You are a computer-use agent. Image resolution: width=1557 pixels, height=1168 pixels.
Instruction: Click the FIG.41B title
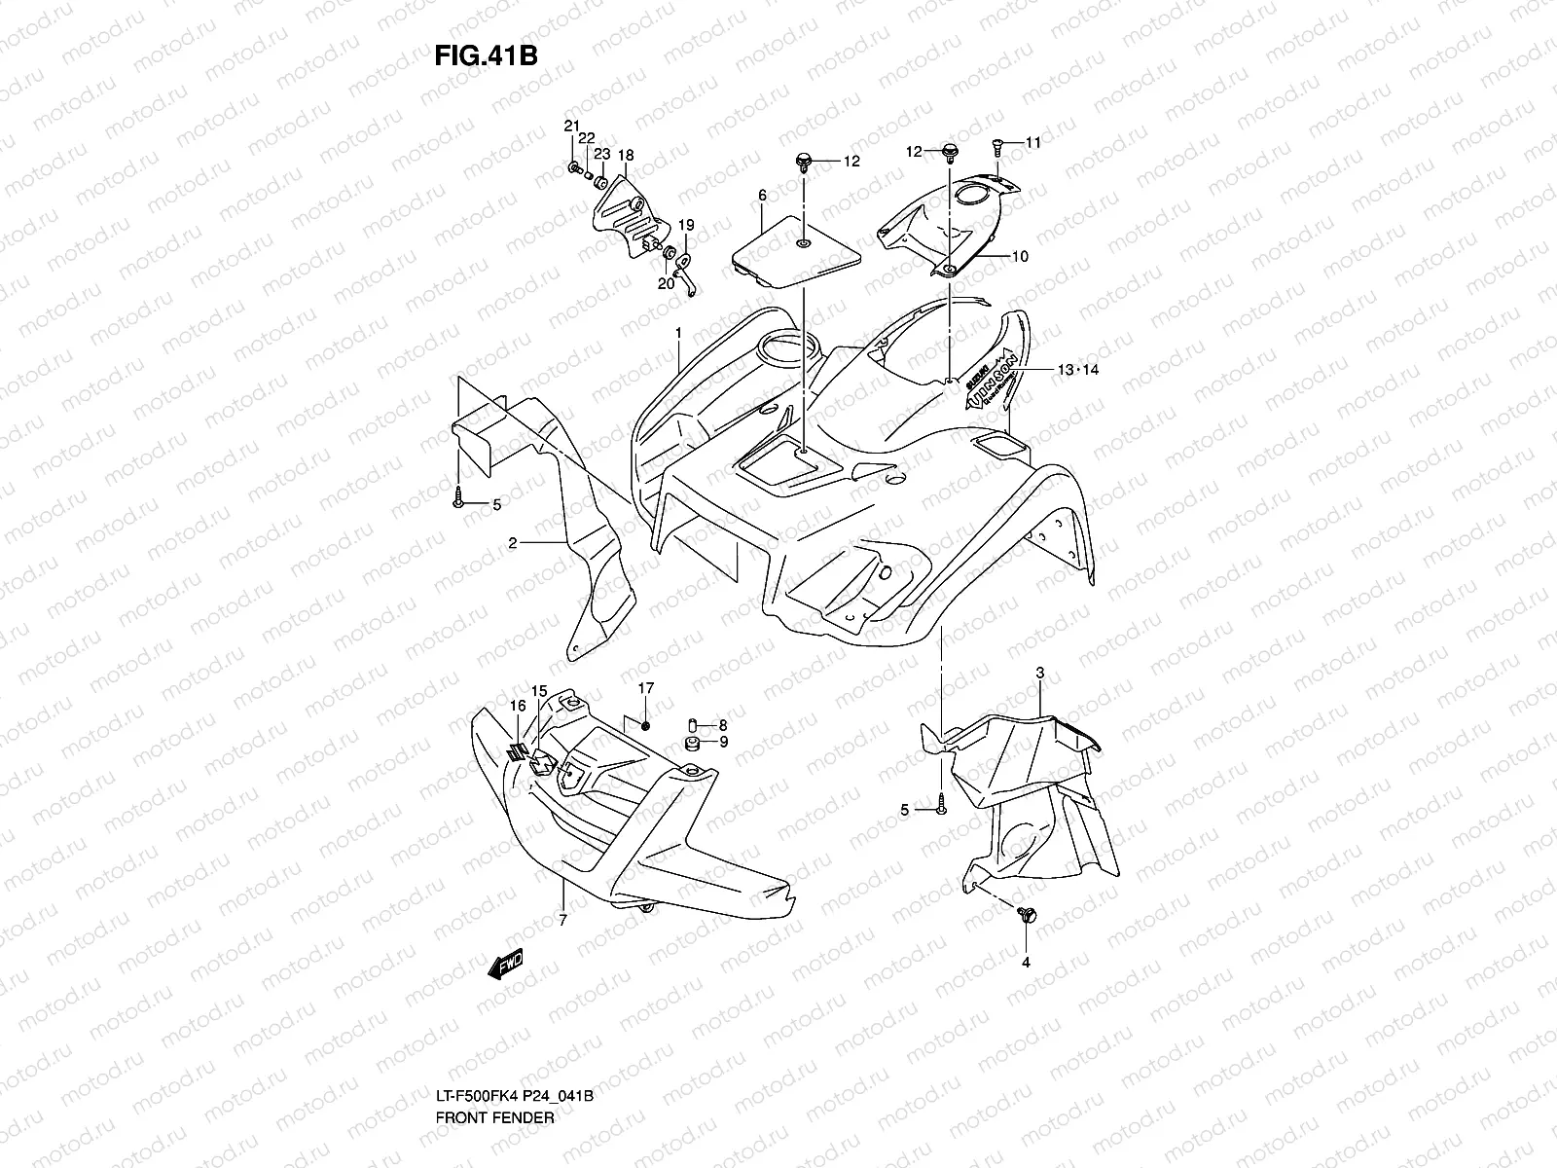(x=486, y=55)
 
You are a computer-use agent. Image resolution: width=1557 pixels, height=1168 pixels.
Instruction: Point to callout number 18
(x=625, y=155)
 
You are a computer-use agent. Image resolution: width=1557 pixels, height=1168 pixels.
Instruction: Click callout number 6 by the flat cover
(x=763, y=196)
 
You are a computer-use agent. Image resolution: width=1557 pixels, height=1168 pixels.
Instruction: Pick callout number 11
(x=1032, y=142)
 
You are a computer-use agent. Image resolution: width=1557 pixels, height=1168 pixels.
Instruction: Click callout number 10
(x=1019, y=257)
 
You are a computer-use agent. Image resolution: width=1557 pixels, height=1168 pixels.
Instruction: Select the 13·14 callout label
(x=1077, y=370)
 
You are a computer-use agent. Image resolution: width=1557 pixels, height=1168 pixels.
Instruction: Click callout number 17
(x=646, y=688)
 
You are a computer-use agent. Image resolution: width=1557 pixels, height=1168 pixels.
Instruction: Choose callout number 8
(x=723, y=724)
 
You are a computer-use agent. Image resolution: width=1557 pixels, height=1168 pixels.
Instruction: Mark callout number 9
(x=723, y=742)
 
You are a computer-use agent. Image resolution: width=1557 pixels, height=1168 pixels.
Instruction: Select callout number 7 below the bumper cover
(x=561, y=921)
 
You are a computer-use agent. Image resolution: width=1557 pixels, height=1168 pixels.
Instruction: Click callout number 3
(x=1040, y=674)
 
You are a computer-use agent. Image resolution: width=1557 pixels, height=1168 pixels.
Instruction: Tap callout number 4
(x=1025, y=963)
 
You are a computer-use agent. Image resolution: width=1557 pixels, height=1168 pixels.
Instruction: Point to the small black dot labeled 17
(x=647, y=728)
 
